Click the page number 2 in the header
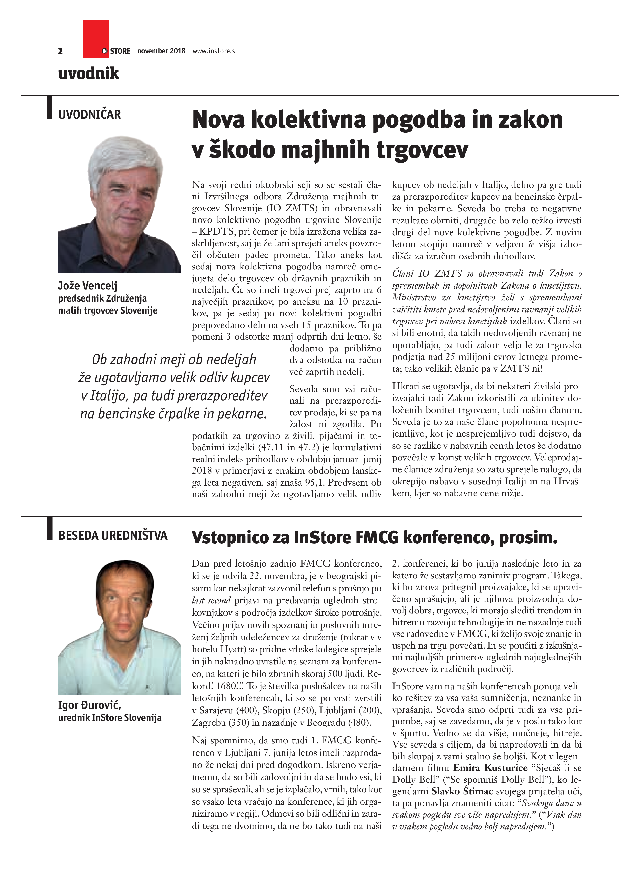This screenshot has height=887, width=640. [60, 51]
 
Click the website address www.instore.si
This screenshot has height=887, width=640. [215, 51]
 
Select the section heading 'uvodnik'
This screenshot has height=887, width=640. [88, 73]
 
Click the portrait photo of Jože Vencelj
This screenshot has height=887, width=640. [119, 204]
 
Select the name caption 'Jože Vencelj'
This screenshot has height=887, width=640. [88, 286]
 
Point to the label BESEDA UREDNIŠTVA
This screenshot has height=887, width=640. [113, 535]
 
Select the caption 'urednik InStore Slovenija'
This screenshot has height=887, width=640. [110, 718]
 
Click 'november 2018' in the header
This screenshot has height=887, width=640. [161, 51]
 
